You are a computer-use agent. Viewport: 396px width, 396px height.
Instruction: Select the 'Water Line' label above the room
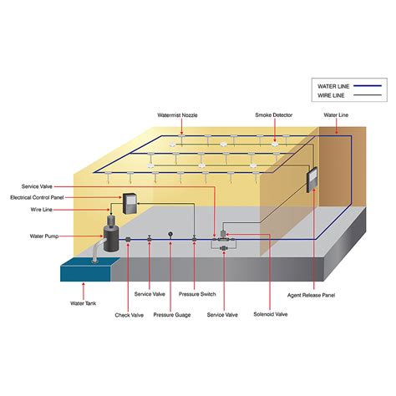pyautogui.click(x=337, y=114)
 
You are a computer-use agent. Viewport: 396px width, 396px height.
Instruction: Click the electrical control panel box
pyautogui.click(x=130, y=202)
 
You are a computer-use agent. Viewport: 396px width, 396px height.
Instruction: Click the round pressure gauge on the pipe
pyautogui.click(x=170, y=235)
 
